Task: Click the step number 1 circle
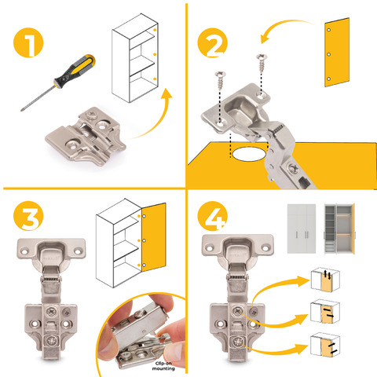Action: pos(28,42)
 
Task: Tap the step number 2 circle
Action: pos(213,42)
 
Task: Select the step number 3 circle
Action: pos(28,216)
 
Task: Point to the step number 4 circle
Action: pos(213,216)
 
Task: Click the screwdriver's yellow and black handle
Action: pos(75,71)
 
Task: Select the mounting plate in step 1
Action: pos(86,136)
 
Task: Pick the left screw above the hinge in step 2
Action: pos(221,80)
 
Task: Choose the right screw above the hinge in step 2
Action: pos(262,63)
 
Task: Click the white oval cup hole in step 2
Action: pos(249,154)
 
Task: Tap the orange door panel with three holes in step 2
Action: pos(337,53)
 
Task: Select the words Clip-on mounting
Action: pos(163,366)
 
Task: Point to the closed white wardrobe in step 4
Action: pos(302,229)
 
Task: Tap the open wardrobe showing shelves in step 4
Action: pos(339,229)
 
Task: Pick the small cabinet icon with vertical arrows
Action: pos(325,280)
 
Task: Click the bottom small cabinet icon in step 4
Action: pos(325,345)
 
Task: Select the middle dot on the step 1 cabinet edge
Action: pos(155,54)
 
